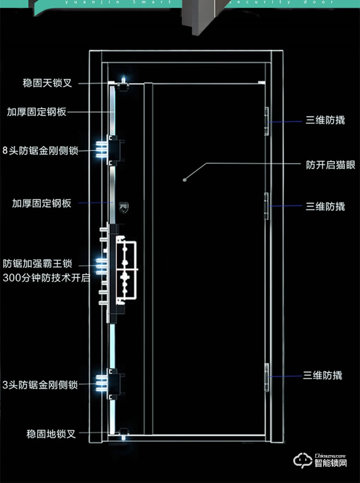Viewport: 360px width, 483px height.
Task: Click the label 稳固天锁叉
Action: [x=47, y=84]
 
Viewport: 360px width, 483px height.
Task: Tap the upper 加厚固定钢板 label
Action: [x=36, y=112]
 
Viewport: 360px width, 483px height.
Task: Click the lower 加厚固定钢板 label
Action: [x=41, y=203]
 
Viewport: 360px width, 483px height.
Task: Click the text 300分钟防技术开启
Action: [x=46, y=278]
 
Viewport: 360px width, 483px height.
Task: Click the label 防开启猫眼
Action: [x=331, y=165]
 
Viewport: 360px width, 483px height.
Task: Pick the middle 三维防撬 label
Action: [x=325, y=206]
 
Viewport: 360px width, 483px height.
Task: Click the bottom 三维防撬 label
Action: [x=323, y=375]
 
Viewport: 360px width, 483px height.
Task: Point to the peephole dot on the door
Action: [x=185, y=180]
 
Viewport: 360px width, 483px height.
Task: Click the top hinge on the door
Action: [x=267, y=121]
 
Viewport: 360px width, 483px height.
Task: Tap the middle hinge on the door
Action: [x=267, y=206]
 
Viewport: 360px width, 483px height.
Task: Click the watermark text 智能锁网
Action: [x=331, y=464]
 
